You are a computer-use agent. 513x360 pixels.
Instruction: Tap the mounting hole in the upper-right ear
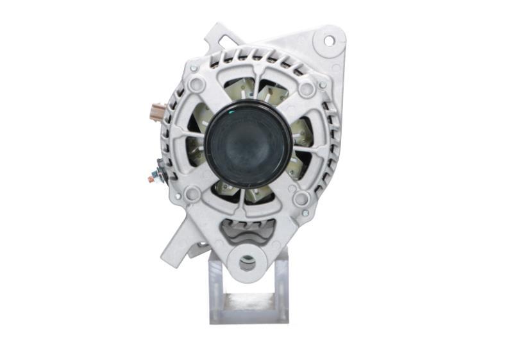click(x=328, y=40)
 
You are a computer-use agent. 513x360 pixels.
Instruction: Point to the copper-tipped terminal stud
click(x=151, y=179)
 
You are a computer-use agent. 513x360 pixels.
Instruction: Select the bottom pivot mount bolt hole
click(x=246, y=263)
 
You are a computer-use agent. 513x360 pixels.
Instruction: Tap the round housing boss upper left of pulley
click(x=197, y=84)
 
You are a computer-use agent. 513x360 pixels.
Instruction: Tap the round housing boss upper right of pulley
click(x=307, y=88)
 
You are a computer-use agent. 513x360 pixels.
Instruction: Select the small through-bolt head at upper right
click(x=322, y=84)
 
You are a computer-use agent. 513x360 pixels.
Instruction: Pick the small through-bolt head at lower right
click(x=306, y=212)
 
